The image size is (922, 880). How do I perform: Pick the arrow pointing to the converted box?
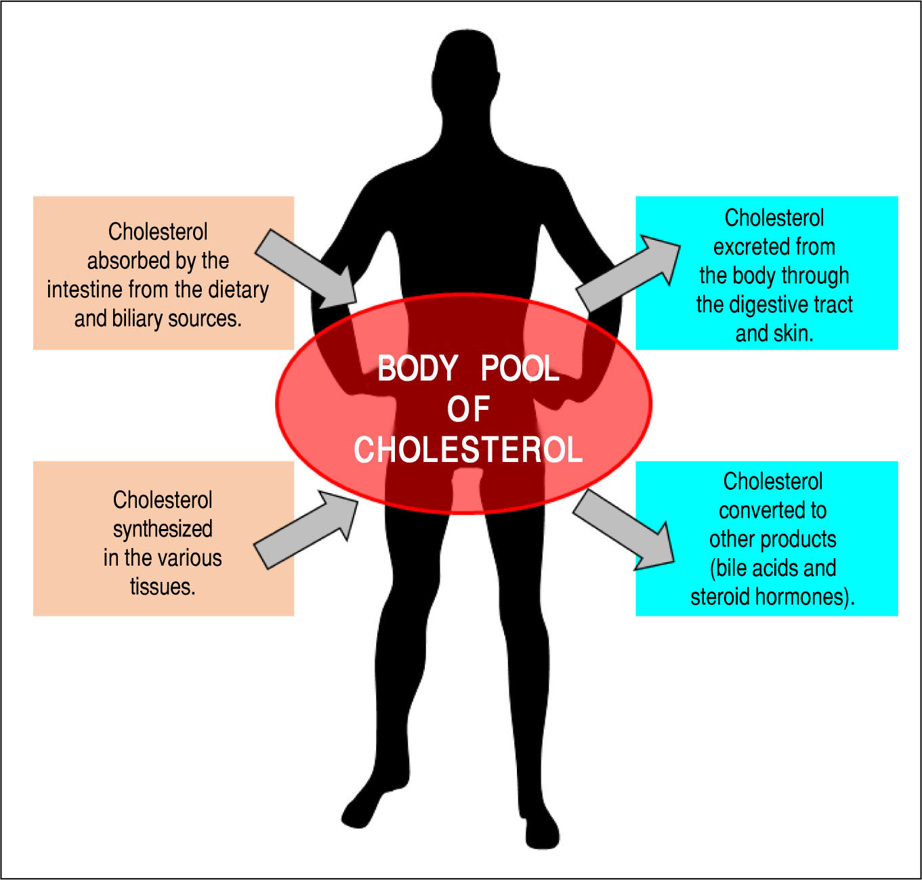click(x=624, y=529)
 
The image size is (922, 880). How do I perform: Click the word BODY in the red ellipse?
click(x=417, y=369)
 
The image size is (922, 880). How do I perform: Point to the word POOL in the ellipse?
click(x=520, y=369)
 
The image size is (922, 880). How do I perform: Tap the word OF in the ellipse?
click(x=469, y=409)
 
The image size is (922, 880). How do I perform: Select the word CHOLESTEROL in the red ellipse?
click(x=468, y=450)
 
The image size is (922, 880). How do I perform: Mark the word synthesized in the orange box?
click(x=163, y=530)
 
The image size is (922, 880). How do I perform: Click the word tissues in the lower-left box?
click(x=163, y=587)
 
